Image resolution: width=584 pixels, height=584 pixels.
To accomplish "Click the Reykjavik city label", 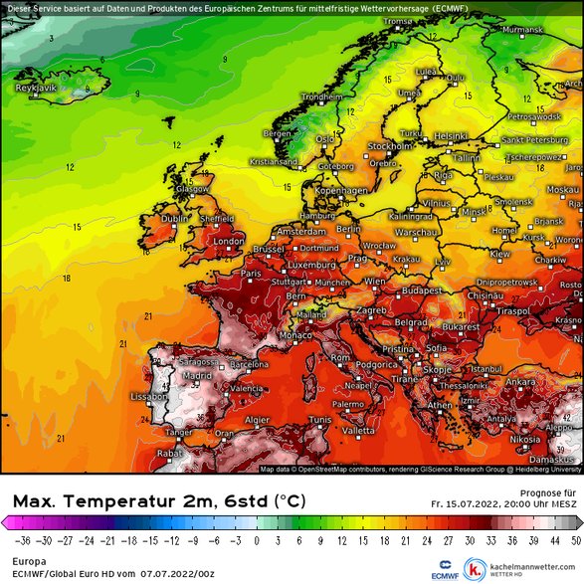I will coord(36,88).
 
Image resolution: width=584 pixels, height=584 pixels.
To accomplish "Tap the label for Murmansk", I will coord(524,31).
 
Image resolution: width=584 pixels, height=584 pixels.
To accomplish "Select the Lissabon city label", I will coord(148,396).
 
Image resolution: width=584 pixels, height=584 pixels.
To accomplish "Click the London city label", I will coord(229,241).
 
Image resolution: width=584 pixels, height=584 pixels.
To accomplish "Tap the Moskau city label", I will coord(563,189).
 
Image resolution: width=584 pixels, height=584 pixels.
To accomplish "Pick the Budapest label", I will coord(421,291).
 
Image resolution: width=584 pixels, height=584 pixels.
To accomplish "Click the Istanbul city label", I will coord(487,368).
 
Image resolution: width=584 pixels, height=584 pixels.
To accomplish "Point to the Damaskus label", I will coord(559,459).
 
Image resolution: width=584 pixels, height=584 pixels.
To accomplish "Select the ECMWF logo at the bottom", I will coord(443,573).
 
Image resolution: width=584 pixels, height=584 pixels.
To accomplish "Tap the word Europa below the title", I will coord(22,561).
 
